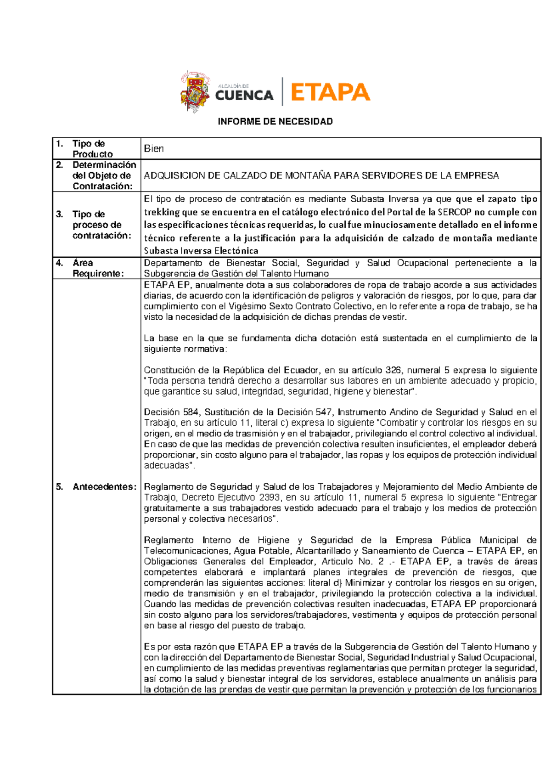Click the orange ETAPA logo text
(330, 92)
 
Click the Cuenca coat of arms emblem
(195, 91)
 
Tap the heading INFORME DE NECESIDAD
(275, 122)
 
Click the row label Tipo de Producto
(92, 149)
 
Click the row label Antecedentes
(104, 487)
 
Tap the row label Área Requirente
(97, 268)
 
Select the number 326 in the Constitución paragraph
(393, 370)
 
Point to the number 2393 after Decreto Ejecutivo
(271, 497)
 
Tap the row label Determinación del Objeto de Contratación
(103, 175)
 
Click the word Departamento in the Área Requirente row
(173, 263)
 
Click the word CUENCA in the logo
(244, 96)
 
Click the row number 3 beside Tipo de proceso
(59, 215)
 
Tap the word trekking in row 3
(162, 212)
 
